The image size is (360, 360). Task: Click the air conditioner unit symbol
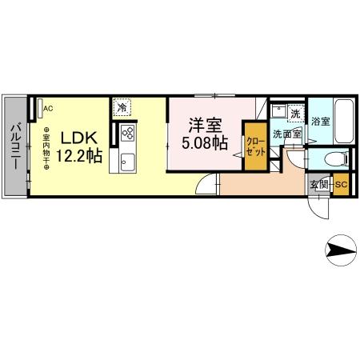(38, 106)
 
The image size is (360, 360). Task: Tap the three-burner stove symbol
(127, 134)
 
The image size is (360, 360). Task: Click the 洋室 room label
(205, 126)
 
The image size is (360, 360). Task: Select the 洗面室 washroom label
(286, 134)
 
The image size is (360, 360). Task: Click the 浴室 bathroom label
(321, 124)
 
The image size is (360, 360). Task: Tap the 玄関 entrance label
(319, 186)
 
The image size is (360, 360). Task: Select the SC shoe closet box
(340, 186)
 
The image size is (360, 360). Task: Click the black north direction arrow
(339, 252)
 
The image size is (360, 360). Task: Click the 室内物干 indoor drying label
(46, 148)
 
